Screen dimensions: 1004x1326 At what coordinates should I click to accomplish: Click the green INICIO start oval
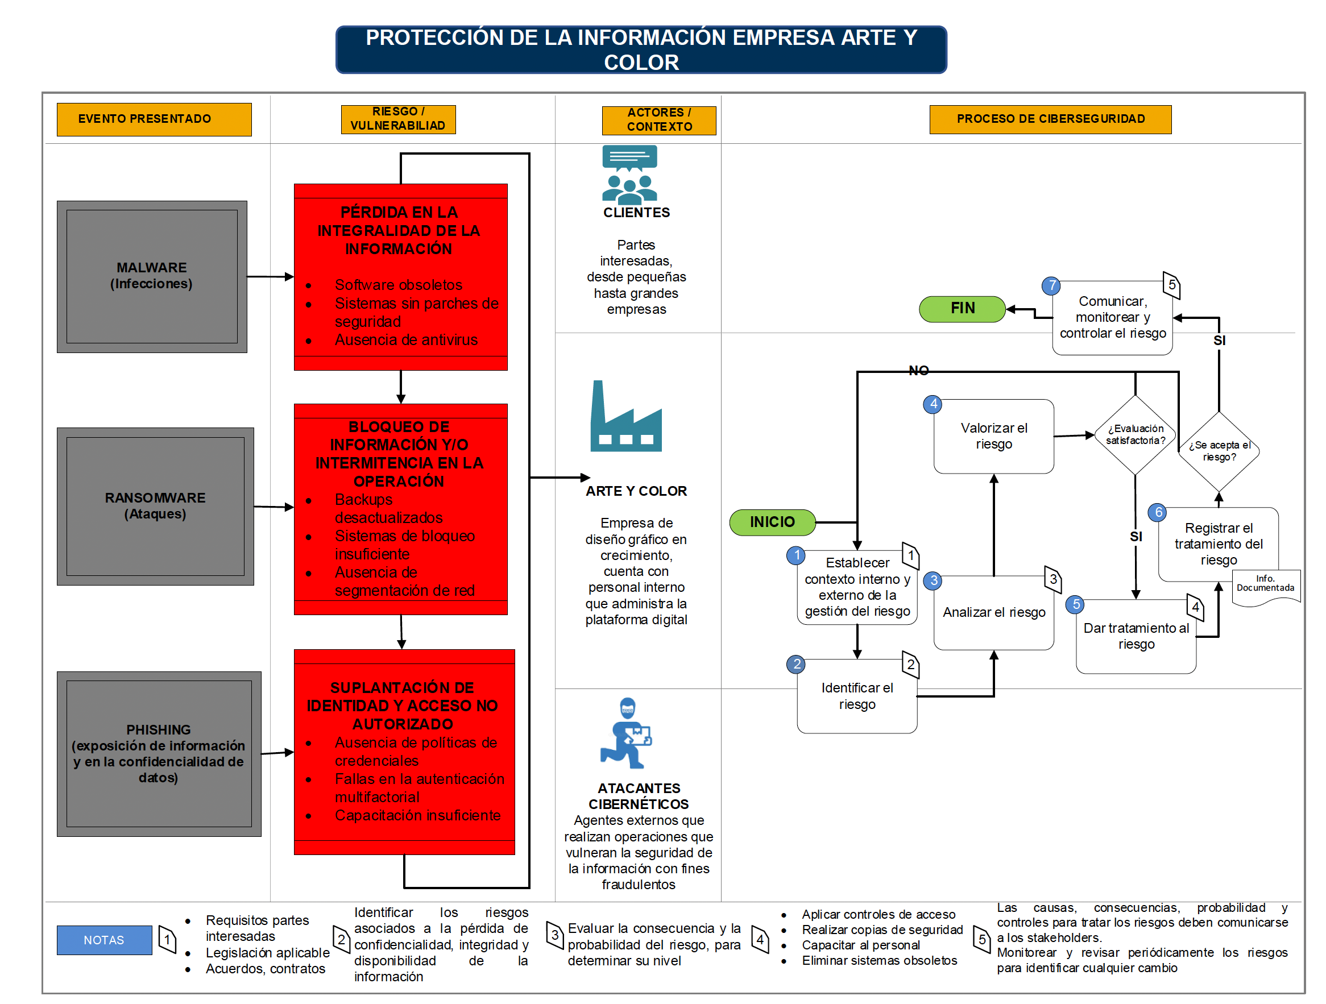pos(772,522)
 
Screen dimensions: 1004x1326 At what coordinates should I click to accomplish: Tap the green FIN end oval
pos(962,309)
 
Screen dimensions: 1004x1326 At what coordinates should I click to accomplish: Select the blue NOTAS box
pos(104,940)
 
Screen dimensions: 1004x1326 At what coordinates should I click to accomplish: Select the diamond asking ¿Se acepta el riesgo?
pos(1219,451)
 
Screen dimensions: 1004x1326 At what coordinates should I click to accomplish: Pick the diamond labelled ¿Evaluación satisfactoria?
pos(1135,434)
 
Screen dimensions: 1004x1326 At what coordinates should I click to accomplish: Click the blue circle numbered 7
pos(1051,285)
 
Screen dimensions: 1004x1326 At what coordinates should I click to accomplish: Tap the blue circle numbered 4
pos(933,404)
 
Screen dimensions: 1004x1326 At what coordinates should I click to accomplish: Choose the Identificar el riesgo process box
pos(857,696)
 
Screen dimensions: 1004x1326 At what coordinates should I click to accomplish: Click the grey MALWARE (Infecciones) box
pos(152,276)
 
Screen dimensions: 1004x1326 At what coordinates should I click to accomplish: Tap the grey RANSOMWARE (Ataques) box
pos(155,506)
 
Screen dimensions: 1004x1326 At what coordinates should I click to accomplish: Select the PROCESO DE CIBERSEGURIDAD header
pos(1050,119)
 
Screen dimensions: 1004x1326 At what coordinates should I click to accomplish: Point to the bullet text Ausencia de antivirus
pos(406,340)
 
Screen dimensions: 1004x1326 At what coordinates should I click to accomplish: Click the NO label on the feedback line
pos(918,371)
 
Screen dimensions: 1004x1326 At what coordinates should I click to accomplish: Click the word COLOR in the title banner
pos(641,63)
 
